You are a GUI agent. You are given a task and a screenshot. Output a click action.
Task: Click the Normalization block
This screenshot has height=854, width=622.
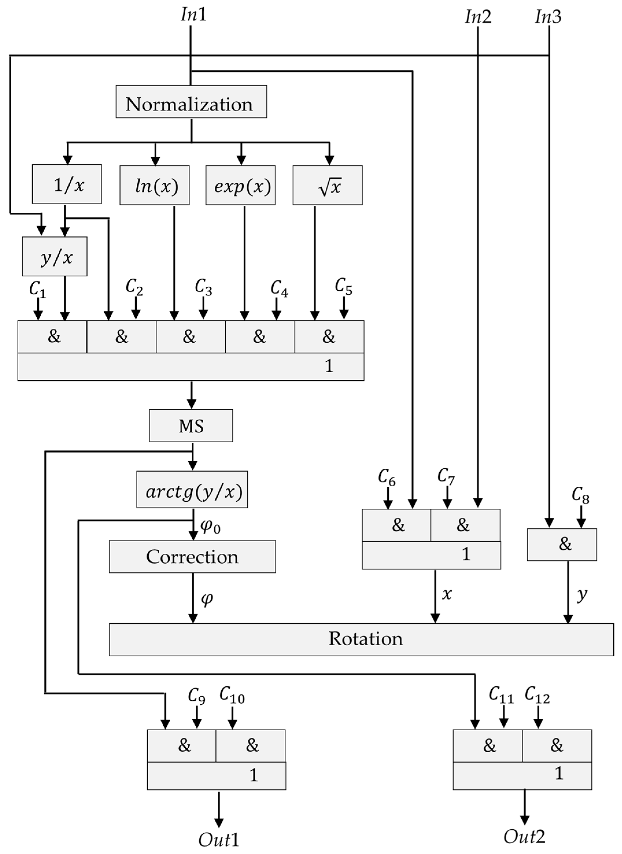pyautogui.click(x=191, y=102)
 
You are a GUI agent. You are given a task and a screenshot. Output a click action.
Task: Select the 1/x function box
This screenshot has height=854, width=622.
pyautogui.click(x=67, y=184)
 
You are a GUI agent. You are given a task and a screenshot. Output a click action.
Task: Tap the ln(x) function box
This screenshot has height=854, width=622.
pyautogui.click(x=155, y=185)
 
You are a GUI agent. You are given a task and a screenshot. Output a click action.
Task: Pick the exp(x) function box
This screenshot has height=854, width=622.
pyautogui.click(x=240, y=185)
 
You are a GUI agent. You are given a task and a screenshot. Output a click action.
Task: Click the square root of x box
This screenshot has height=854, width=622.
pyautogui.click(x=327, y=185)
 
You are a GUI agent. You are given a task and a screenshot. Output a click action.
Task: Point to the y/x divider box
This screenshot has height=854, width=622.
pyautogui.click(x=55, y=256)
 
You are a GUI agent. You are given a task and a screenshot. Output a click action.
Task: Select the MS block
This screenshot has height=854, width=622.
pyautogui.click(x=191, y=425)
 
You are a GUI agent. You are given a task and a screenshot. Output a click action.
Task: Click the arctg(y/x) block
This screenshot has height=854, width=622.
pyautogui.click(x=192, y=490)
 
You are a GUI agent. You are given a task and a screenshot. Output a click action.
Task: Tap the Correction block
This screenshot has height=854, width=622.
pyautogui.click(x=192, y=557)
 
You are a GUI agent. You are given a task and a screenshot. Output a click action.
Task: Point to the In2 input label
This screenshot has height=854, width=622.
pyautogui.click(x=478, y=17)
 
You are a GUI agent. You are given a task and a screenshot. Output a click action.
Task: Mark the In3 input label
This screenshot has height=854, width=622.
pyautogui.click(x=548, y=17)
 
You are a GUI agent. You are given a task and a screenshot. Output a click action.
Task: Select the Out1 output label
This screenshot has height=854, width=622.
pyautogui.click(x=219, y=839)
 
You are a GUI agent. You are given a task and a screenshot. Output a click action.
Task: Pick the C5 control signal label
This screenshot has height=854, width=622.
pyautogui.click(x=343, y=287)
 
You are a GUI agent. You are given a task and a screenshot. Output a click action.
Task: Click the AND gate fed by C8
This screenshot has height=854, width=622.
pyautogui.click(x=562, y=544)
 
